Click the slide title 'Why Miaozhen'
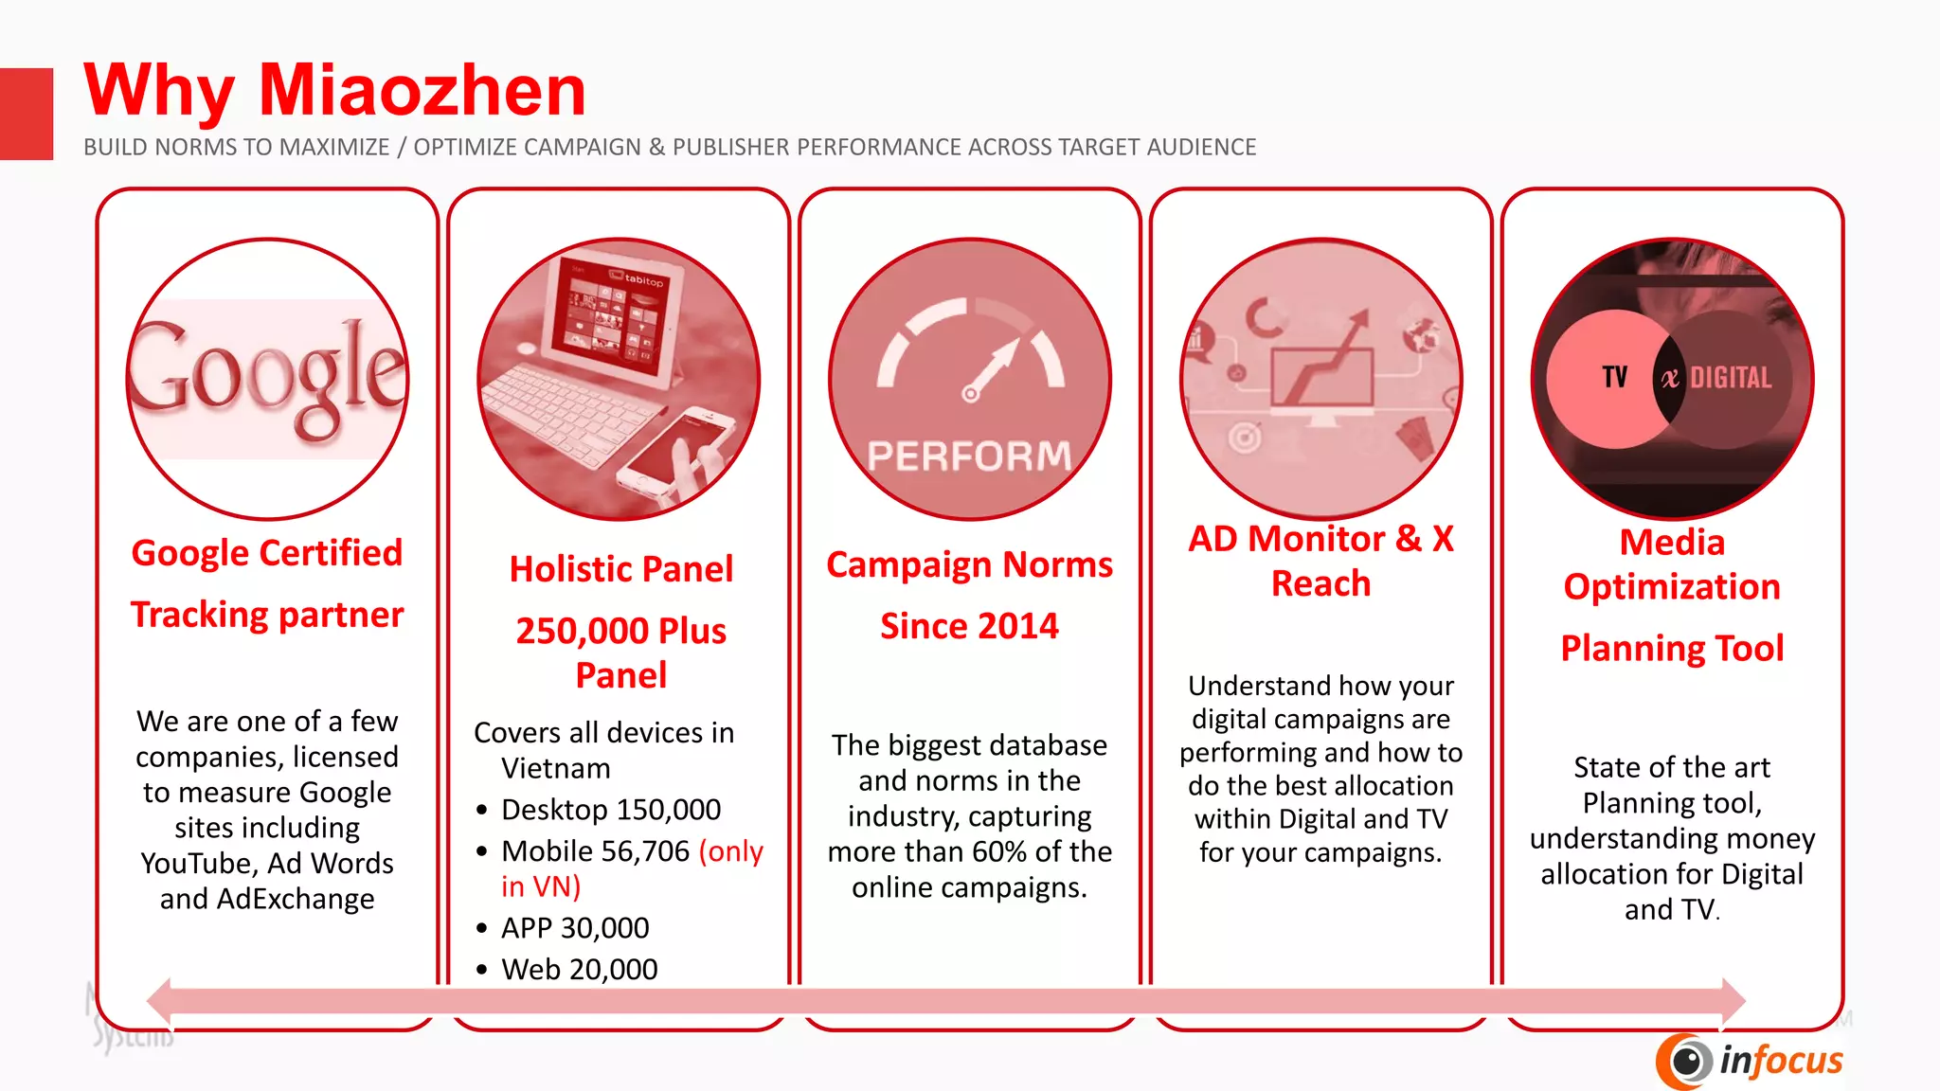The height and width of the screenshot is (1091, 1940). pos(334,91)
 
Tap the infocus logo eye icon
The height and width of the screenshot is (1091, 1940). pos(1685,1061)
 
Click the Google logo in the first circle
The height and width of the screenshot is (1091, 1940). pos(268,379)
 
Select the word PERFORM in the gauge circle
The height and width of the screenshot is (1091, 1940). pos(969,456)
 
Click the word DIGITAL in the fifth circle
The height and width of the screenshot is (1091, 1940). pos(1731,378)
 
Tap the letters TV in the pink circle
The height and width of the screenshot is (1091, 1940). pos(1614,377)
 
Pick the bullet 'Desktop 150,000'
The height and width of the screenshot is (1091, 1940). pos(610,810)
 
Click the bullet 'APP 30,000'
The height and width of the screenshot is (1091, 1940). pos(574,928)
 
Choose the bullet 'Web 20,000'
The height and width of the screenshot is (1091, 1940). pos(579,970)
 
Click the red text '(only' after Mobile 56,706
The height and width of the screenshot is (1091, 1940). pos(730,851)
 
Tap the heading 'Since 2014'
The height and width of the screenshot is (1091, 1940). pos(969,626)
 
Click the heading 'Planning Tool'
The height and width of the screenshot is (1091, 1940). pos(1672,649)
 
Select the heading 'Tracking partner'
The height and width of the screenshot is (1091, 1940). pos(267,616)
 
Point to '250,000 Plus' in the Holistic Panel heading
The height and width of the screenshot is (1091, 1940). pos(620,631)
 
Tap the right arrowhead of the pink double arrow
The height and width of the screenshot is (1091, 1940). pos(1733,1001)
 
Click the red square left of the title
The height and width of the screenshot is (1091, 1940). pos(27,114)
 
